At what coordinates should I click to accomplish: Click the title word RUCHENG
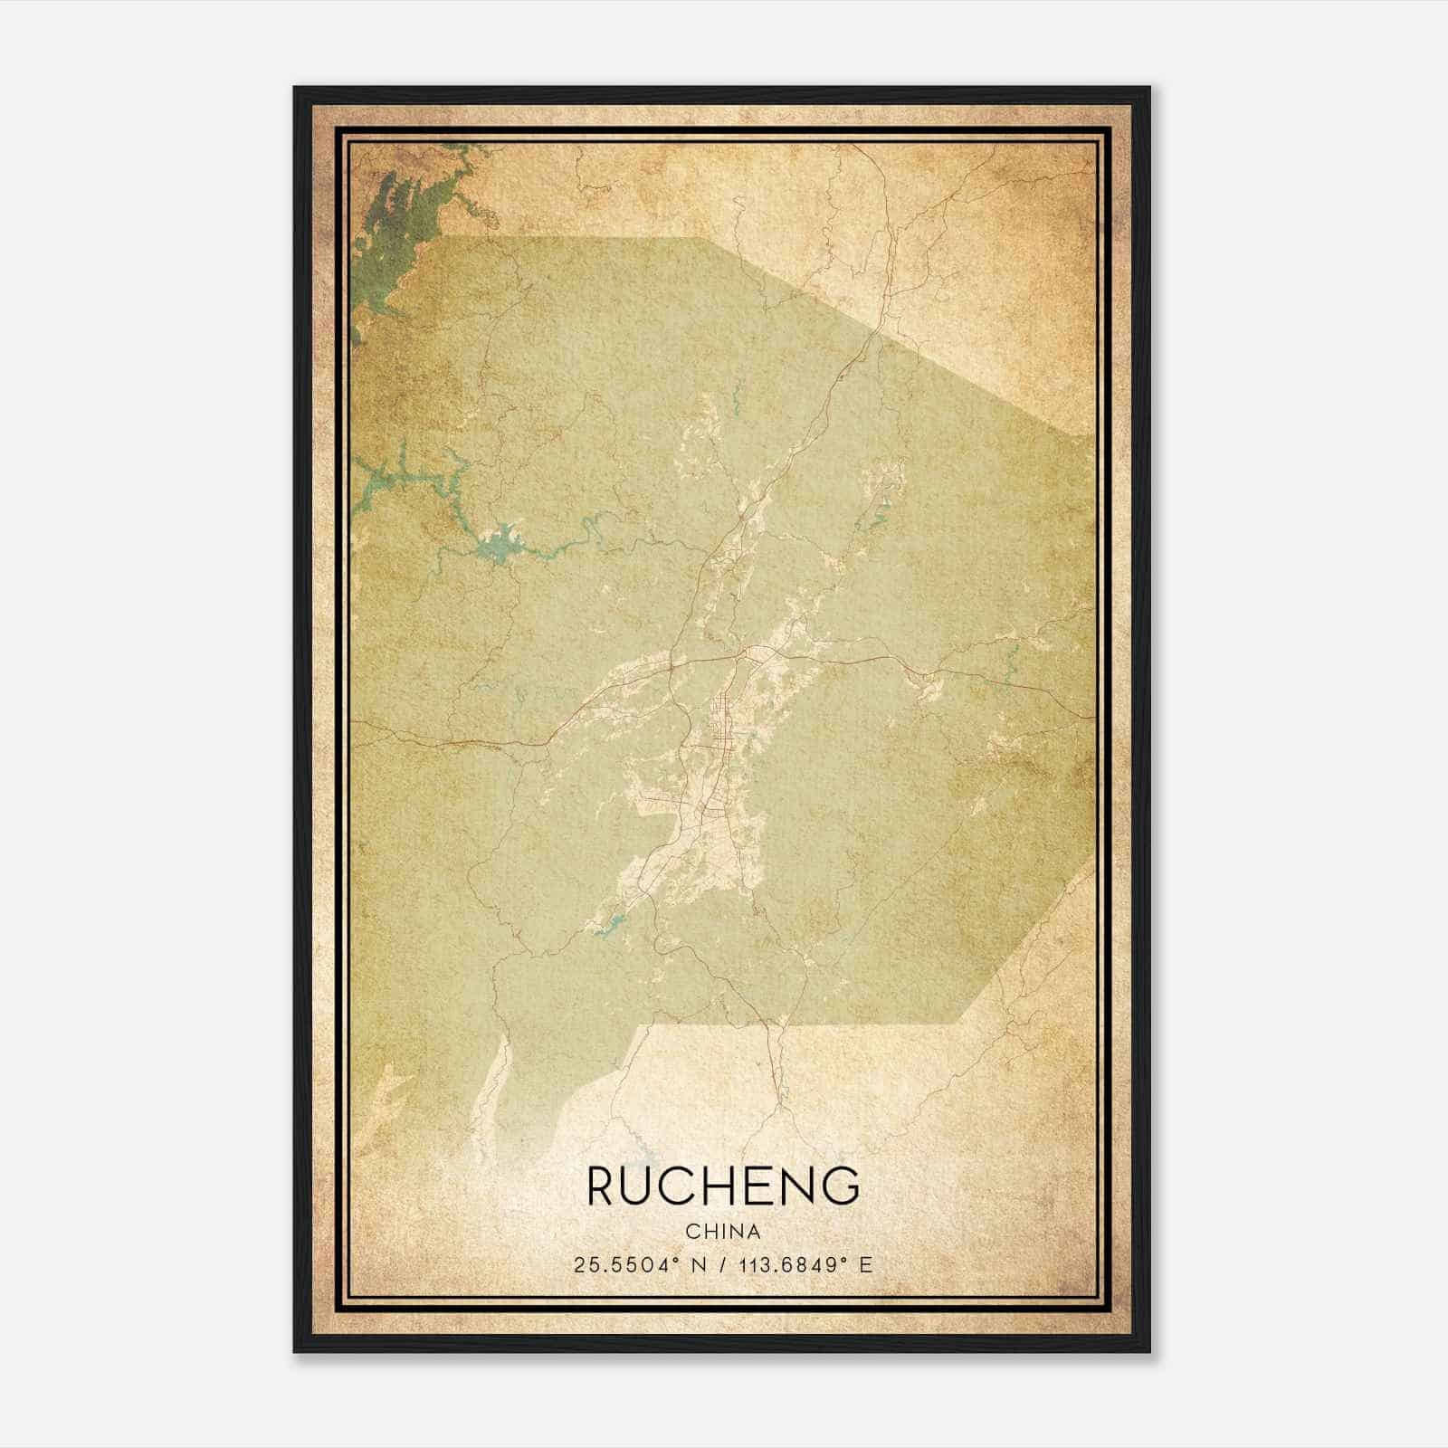point(722,1186)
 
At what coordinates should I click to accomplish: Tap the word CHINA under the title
point(722,1232)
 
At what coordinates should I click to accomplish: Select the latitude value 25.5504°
point(624,1265)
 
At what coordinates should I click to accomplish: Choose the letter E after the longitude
point(866,1265)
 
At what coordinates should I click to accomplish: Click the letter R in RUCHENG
point(604,1186)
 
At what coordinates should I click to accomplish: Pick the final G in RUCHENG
point(842,1186)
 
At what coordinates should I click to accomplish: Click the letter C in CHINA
point(692,1232)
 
